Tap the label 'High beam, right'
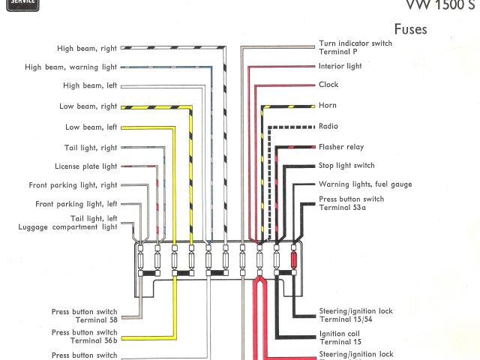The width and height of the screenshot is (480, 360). click(x=87, y=49)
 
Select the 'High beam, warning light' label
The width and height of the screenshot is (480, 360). click(x=70, y=67)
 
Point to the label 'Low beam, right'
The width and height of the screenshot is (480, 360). click(x=88, y=106)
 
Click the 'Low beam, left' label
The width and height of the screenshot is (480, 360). click(x=91, y=127)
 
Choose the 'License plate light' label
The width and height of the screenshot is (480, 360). click(x=85, y=166)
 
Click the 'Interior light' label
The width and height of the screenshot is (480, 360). click(x=340, y=66)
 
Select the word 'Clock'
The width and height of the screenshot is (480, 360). click(x=328, y=85)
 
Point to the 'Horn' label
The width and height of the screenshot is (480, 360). click(x=327, y=106)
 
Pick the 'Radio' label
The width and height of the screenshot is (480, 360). click(x=328, y=126)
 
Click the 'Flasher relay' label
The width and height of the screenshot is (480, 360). click(x=341, y=147)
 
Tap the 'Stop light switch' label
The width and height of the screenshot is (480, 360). click(x=346, y=165)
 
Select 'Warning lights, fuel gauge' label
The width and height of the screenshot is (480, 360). click(x=364, y=184)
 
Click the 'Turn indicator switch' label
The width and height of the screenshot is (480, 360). click(x=355, y=43)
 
